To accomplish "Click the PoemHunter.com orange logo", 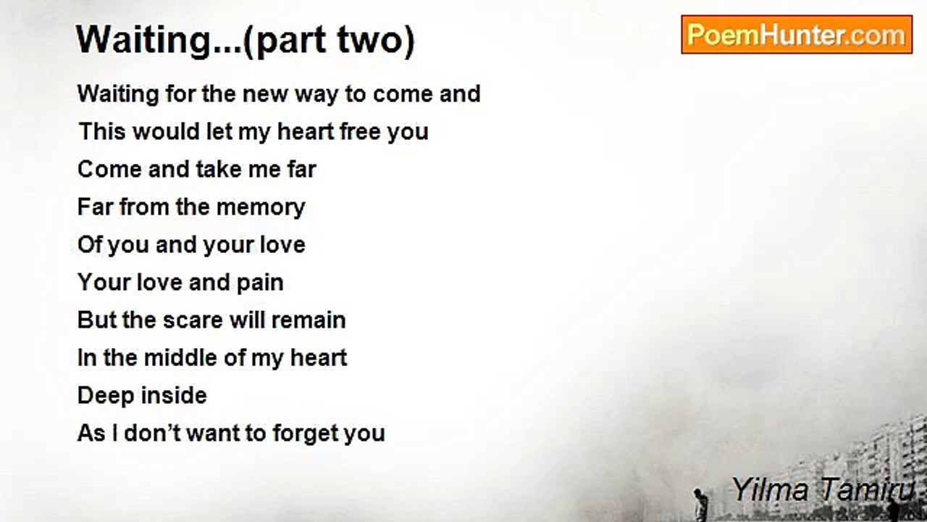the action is tap(797, 35).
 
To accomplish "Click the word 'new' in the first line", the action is tap(265, 94).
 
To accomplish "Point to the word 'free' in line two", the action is tap(360, 131).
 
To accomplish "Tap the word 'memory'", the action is tap(261, 207).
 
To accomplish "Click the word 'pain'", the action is tap(260, 283).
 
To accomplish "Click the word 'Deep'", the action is tap(104, 396).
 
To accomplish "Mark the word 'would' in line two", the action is tap(166, 131).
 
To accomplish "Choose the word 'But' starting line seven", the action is tap(97, 320).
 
